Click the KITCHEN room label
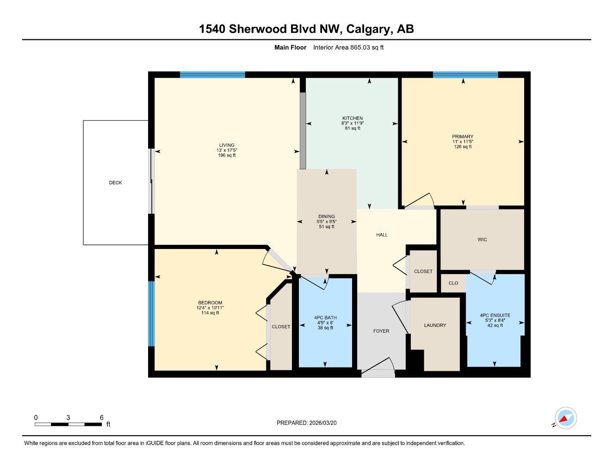coord(353,118)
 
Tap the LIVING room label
coord(227,145)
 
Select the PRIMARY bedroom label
coord(463,137)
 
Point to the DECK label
coord(116,183)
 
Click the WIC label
coord(482,240)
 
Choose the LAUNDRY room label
coord(435,325)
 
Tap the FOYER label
coord(381,331)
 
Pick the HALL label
coord(382,235)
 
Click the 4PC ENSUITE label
coord(495,315)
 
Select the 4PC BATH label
coord(325,318)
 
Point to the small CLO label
coord(453,283)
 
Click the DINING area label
coord(327,217)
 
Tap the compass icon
coord(565,418)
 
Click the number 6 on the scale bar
coord(102,418)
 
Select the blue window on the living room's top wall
coord(212,75)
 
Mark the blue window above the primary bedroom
coord(465,75)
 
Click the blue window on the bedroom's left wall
coord(151,313)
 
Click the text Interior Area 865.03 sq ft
coord(348,47)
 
